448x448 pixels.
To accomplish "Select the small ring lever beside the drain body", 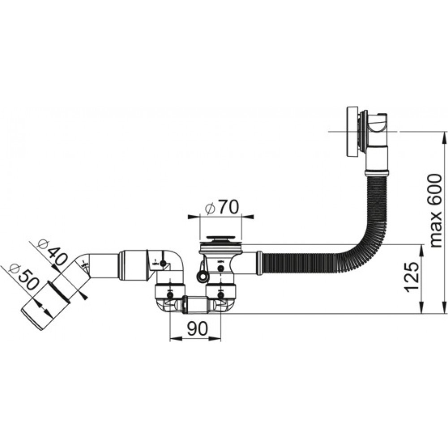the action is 203,275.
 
